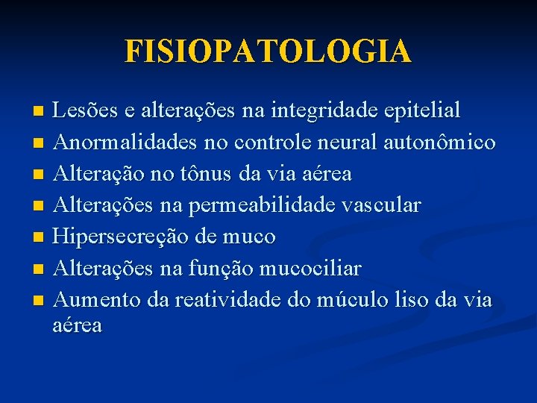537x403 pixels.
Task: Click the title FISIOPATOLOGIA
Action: tap(268, 51)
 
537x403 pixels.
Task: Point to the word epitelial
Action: tap(423, 111)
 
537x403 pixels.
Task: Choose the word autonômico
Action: tap(439, 143)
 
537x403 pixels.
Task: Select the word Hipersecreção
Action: tap(124, 237)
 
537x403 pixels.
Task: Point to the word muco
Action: tap(252, 237)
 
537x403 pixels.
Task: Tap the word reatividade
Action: tap(223, 300)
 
